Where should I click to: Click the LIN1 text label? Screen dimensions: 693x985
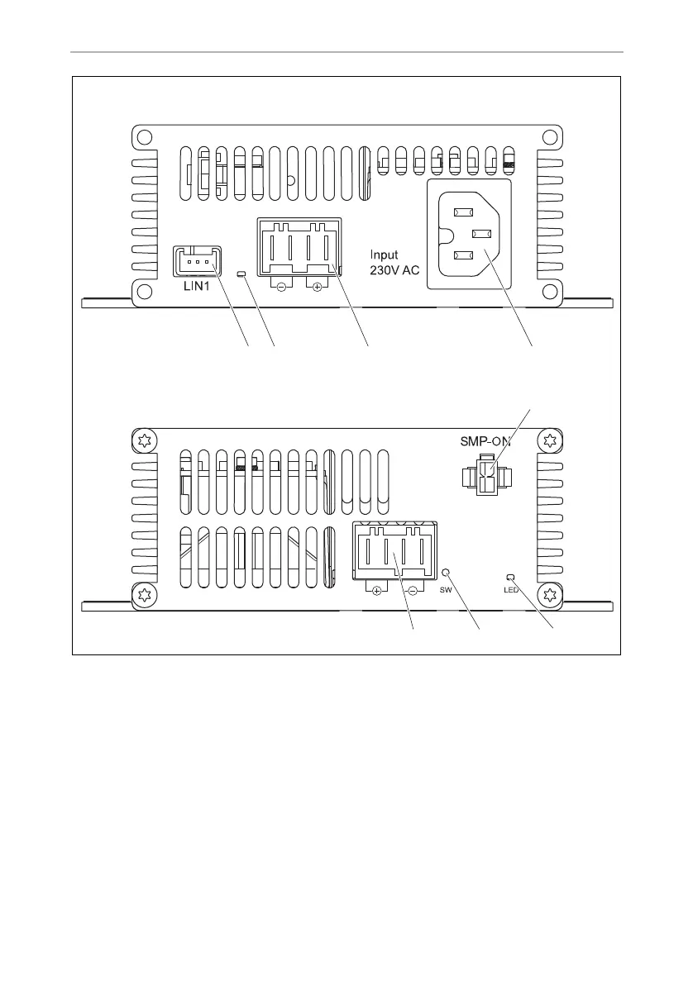[x=198, y=286]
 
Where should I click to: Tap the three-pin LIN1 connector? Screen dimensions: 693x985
[x=198, y=261]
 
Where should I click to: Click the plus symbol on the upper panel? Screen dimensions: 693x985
[x=317, y=288]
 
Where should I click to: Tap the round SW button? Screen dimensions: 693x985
[x=447, y=572]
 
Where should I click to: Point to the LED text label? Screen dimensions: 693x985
[x=510, y=589]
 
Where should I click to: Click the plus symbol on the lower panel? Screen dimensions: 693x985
[x=376, y=590]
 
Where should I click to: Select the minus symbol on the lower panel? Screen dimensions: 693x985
[x=412, y=590]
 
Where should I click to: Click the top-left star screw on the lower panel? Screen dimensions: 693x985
[x=144, y=440]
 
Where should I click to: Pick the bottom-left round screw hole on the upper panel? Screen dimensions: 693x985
[x=143, y=290]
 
